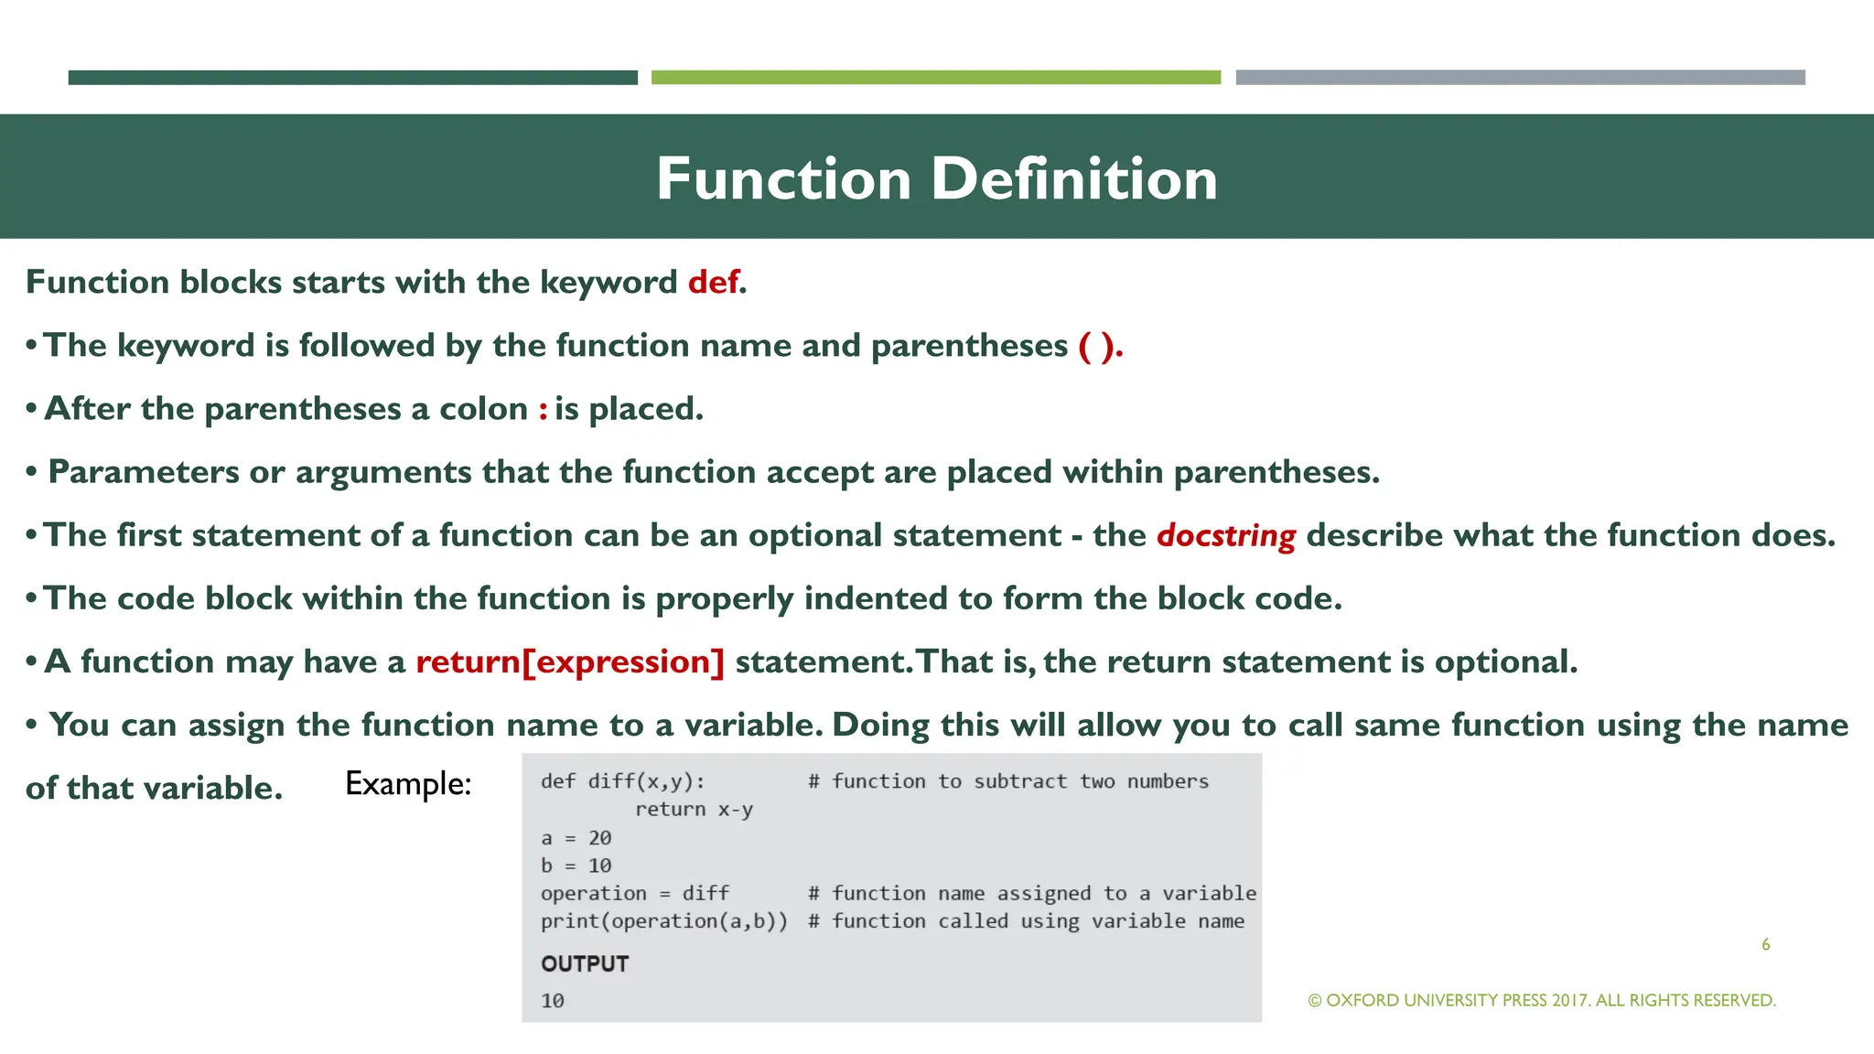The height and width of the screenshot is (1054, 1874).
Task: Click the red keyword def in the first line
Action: (714, 282)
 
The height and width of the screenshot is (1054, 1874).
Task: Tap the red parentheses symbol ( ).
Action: (1098, 346)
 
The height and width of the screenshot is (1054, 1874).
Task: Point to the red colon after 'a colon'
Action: (543, 409)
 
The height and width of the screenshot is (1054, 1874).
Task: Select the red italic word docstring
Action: (1225, 535)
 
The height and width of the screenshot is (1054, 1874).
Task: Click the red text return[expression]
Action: (569, 661)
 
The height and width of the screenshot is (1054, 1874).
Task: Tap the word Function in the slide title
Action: (783, 178)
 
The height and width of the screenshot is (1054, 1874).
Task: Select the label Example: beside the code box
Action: (408, 784)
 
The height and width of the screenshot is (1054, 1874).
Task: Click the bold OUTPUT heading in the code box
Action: (585, 963)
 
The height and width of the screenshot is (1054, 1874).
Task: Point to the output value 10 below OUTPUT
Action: (553, 1001)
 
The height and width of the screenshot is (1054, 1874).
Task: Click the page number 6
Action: (1765, 944)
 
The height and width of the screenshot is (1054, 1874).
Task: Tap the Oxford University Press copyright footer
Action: (1542, 1000)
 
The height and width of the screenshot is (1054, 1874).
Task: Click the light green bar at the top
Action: (935, 78)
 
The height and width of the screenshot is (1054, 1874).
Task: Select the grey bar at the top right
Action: (1520, 78)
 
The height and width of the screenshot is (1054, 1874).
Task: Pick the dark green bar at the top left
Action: (352, 78)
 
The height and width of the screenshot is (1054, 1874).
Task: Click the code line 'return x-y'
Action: (694, 810)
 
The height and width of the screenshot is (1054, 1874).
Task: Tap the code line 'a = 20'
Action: (576, 838)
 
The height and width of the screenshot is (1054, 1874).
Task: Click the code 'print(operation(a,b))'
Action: (663, 921)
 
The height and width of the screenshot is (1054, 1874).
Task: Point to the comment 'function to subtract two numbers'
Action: (1018, 781)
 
